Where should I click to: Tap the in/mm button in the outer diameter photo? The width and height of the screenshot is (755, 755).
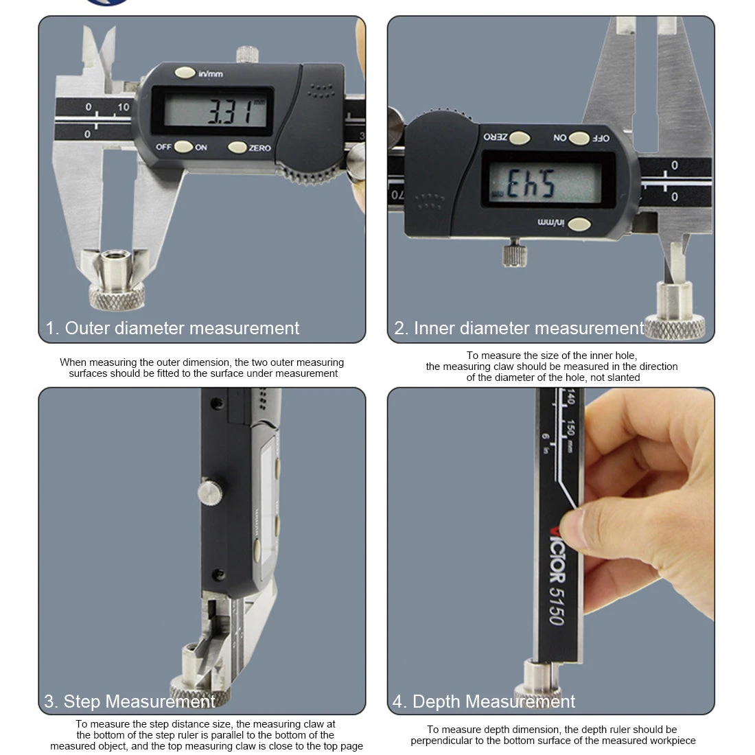pos(185,72)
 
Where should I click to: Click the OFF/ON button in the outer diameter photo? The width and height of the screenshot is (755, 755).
pos(183,146)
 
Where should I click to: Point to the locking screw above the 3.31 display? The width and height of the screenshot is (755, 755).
pos(246,54)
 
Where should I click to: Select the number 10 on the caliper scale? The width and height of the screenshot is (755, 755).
pos(123,107)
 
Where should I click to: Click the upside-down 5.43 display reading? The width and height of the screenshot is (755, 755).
pos(531,183)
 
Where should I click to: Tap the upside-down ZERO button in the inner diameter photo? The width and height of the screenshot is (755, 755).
pos(519,138)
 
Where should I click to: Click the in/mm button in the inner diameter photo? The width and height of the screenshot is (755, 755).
pos(579,224)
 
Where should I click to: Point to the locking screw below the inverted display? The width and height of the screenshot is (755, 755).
pos(513,253)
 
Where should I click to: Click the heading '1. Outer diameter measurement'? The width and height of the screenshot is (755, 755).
pos(172,328)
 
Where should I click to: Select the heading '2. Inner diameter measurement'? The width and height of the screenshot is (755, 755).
pos(519,328)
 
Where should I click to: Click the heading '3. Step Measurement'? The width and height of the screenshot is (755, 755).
pos(130,701)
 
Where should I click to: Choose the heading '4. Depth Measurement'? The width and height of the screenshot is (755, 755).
pos(484,701)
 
